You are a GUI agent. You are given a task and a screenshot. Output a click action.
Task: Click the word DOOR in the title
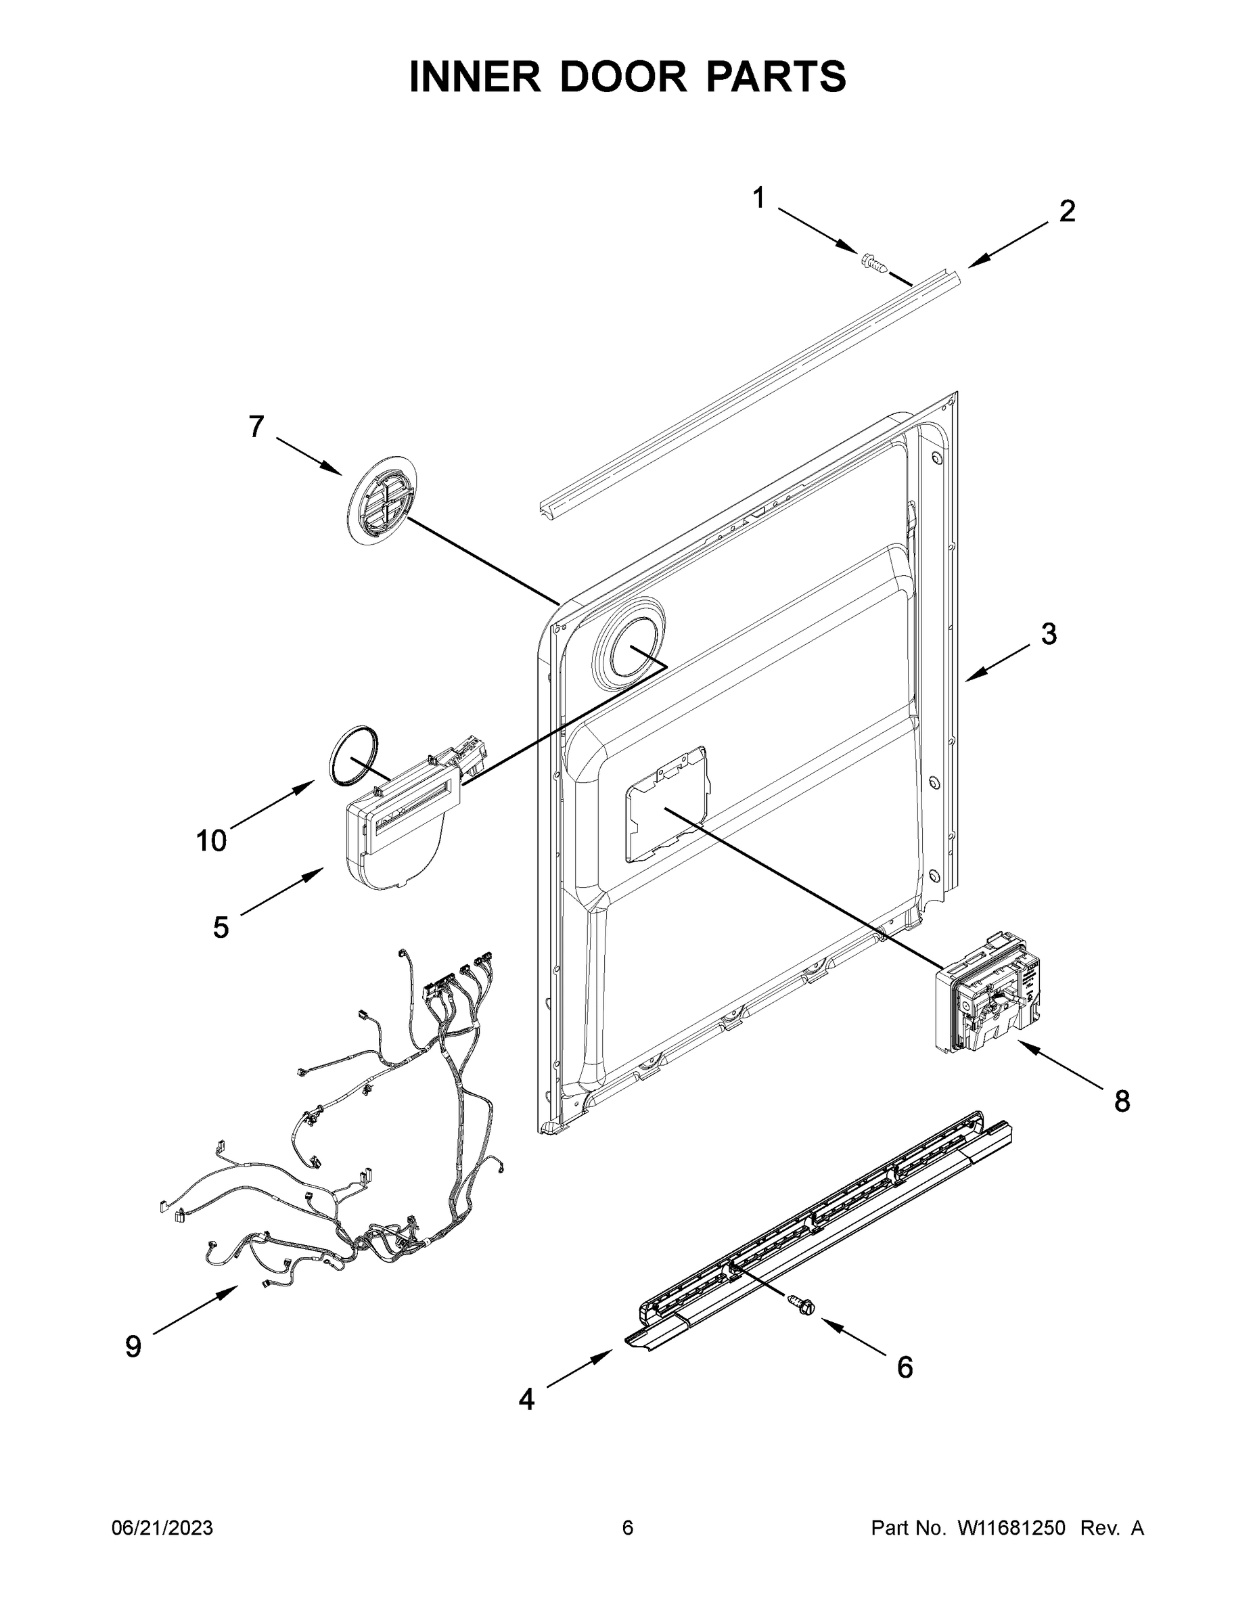(623, 77)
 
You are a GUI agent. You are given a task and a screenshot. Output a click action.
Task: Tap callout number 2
(1067, 212)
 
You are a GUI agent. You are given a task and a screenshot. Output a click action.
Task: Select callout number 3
(1048, 634)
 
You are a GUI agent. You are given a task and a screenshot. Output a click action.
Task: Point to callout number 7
(256, 427)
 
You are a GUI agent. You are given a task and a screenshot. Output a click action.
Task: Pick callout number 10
(211, 841)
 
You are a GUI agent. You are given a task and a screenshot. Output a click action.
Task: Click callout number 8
(1121, 1100)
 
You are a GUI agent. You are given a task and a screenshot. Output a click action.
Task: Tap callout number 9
(133, 1347)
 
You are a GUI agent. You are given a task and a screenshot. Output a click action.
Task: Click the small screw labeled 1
(874, 263)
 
